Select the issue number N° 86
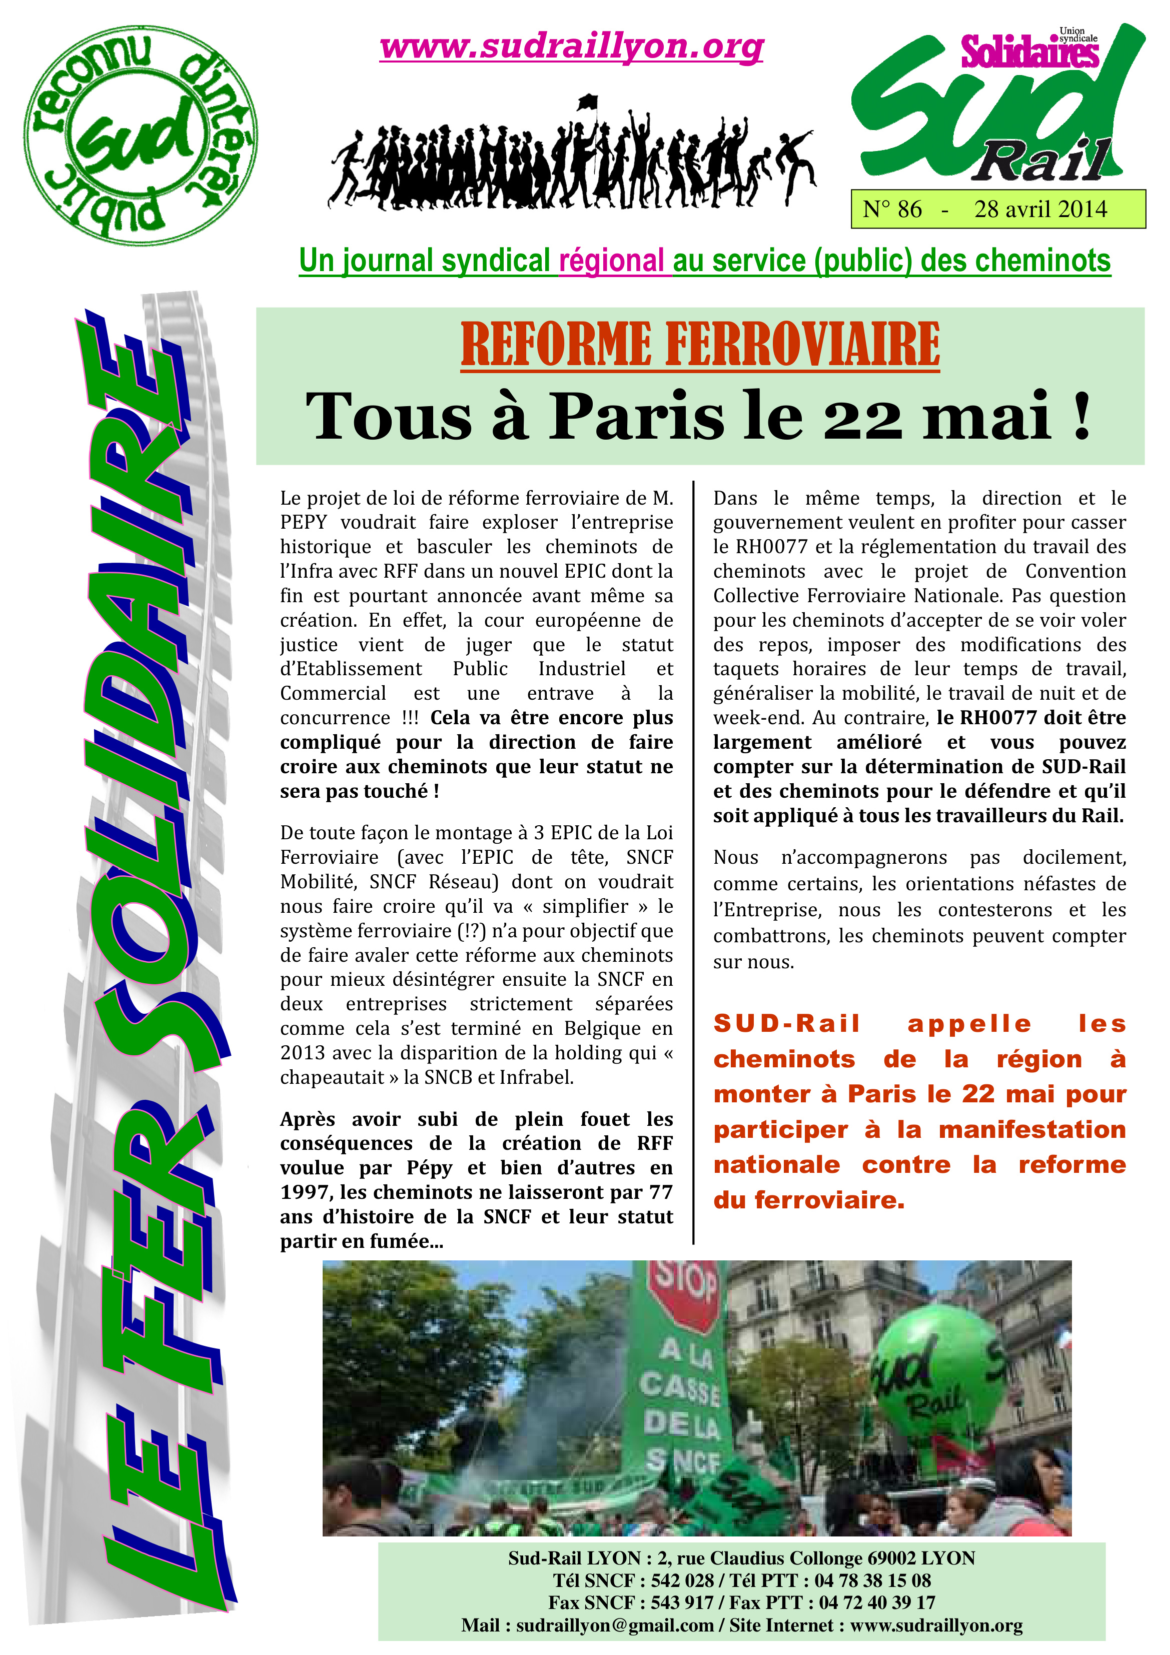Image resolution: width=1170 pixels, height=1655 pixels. click(892, 210)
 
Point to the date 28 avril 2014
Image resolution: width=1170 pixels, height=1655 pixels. click(1040, 210)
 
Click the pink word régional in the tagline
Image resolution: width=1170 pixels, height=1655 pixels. click(611, 261)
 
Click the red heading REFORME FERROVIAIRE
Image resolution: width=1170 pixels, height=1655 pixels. click(700, 345)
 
